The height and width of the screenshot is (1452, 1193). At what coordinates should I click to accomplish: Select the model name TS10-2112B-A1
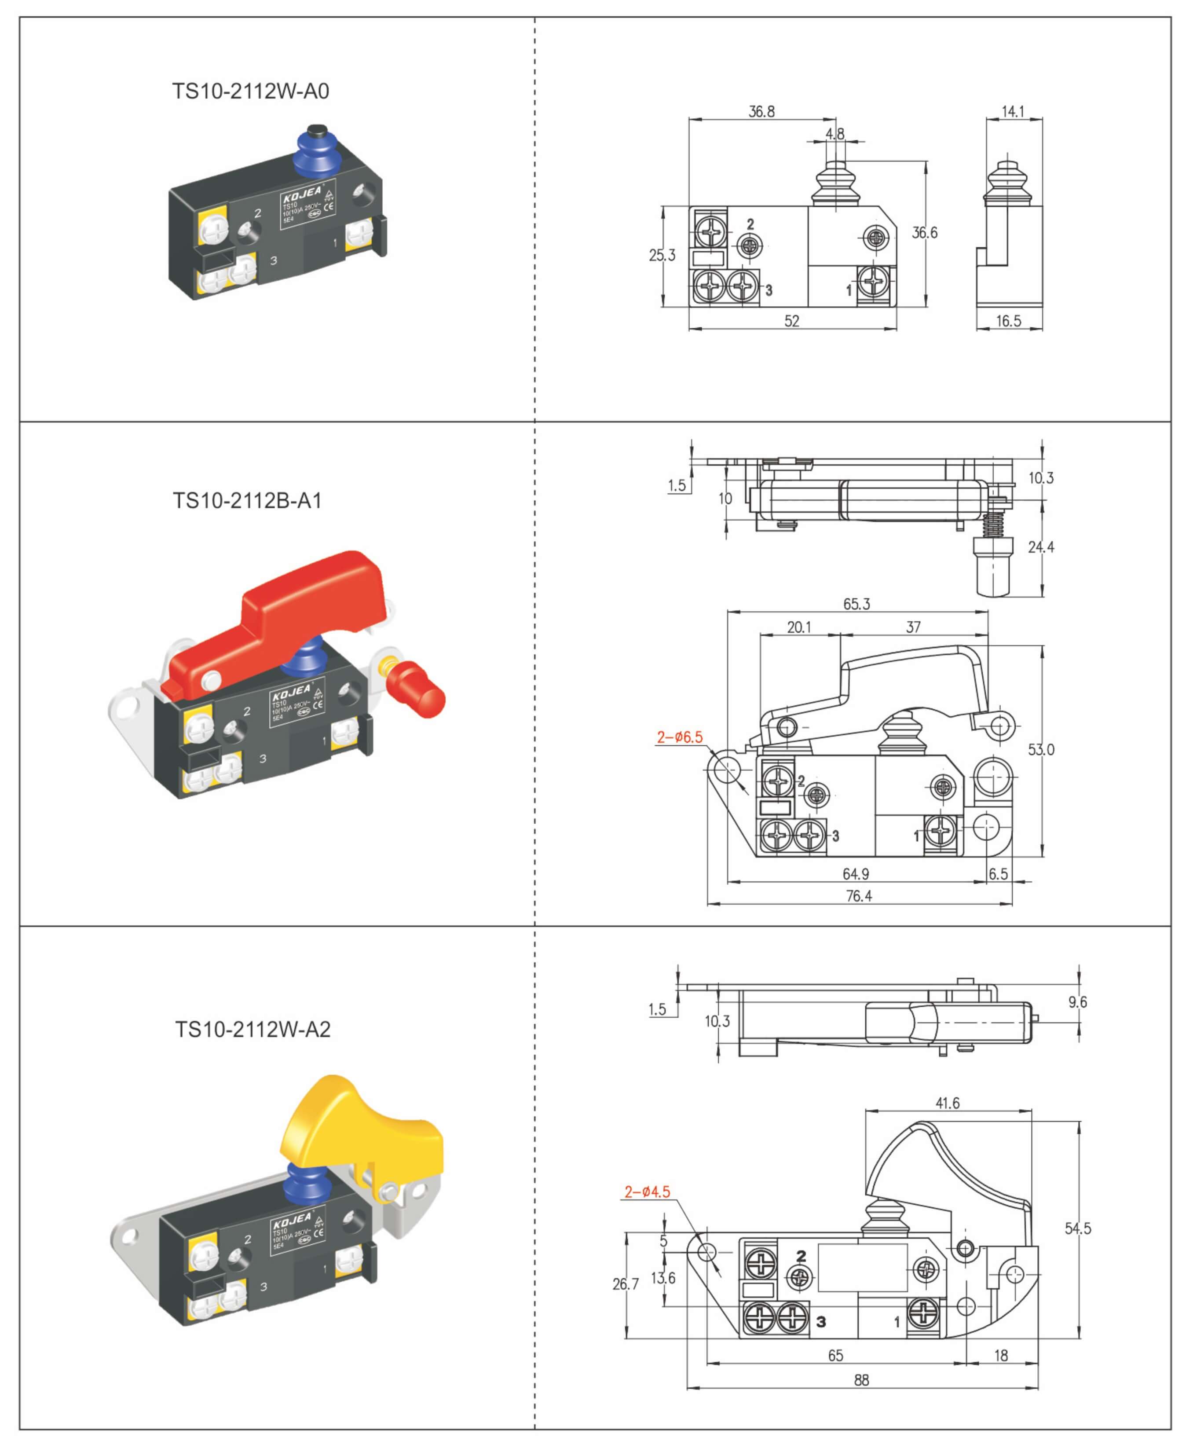247,501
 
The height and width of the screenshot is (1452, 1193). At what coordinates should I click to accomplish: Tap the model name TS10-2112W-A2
252,1029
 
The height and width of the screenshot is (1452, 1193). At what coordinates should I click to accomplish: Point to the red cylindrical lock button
417,689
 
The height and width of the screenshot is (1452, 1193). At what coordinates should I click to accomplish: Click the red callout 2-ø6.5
679,737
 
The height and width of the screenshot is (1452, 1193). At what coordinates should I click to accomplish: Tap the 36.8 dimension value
761,111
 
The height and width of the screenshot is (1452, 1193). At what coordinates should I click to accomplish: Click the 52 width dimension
792,321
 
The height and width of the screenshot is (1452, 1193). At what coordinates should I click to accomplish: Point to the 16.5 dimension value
1008,321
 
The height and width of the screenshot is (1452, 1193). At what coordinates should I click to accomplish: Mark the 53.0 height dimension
1040,749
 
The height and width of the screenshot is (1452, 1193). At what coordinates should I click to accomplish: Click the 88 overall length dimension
861,1380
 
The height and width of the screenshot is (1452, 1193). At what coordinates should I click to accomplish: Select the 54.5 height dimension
1077,1228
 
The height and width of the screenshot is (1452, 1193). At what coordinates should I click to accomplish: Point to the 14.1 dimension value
1012,111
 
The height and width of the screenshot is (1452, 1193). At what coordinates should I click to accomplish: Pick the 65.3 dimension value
856,604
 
